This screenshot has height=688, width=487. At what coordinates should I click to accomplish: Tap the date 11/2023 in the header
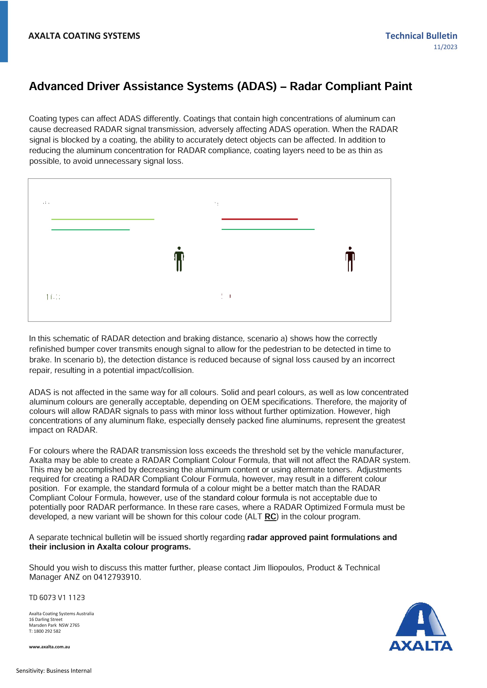click(x=445, y=47)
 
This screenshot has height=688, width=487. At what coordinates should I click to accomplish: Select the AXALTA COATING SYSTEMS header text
click(x=84, y=36)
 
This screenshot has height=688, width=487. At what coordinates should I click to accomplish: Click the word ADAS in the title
click(x=257, y=86)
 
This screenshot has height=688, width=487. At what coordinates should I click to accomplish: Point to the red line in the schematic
click(x=259, y=219)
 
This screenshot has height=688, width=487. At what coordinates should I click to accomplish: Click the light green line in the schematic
click(x=103, y=219)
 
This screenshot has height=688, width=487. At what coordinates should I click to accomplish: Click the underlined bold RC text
click(x=270, y=517)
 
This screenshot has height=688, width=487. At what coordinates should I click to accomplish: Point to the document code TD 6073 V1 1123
click(x=57, y=597)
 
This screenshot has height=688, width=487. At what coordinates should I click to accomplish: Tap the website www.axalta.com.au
click(x=49, y=647)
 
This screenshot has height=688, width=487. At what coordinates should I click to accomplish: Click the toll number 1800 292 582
click(x=47, y=631)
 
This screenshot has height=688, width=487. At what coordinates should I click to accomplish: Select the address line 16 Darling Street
click(x=46, y=619)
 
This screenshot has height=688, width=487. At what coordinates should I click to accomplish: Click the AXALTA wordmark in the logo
click(x=421, y=646)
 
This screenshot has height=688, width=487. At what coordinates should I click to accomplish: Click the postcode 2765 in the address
click(x=74, y=625)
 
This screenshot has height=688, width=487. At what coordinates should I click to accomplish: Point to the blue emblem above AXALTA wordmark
click(x=421, y=620)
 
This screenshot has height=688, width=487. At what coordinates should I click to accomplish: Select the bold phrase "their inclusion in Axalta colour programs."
click(x=110, y=547)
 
